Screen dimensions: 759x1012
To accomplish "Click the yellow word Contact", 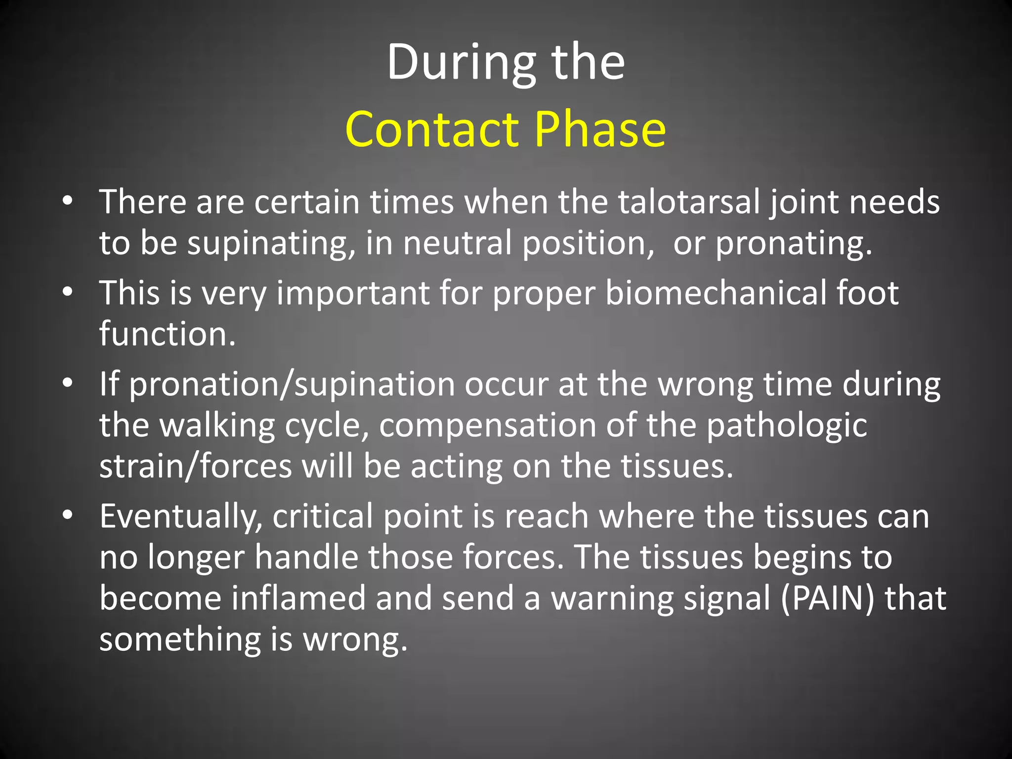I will pyautogui.click(x=432, y=129).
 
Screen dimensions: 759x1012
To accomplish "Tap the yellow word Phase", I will pyautogui.click(x=600, y=129).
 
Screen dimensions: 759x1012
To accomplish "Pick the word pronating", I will pyautogui.click(x=793, y=244).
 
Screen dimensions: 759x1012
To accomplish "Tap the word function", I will pyautogui.click(x=167, y=334).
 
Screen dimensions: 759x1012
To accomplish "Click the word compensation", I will pyautogui.click(x=487, y=426).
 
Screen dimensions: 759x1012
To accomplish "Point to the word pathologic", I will pyautogui.click(x=786, y=426).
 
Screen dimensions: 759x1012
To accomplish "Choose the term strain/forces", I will pyautogui.click(x=196, y=466).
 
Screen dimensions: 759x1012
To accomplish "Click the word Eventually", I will pyautogui.click(x=181, y=517).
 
